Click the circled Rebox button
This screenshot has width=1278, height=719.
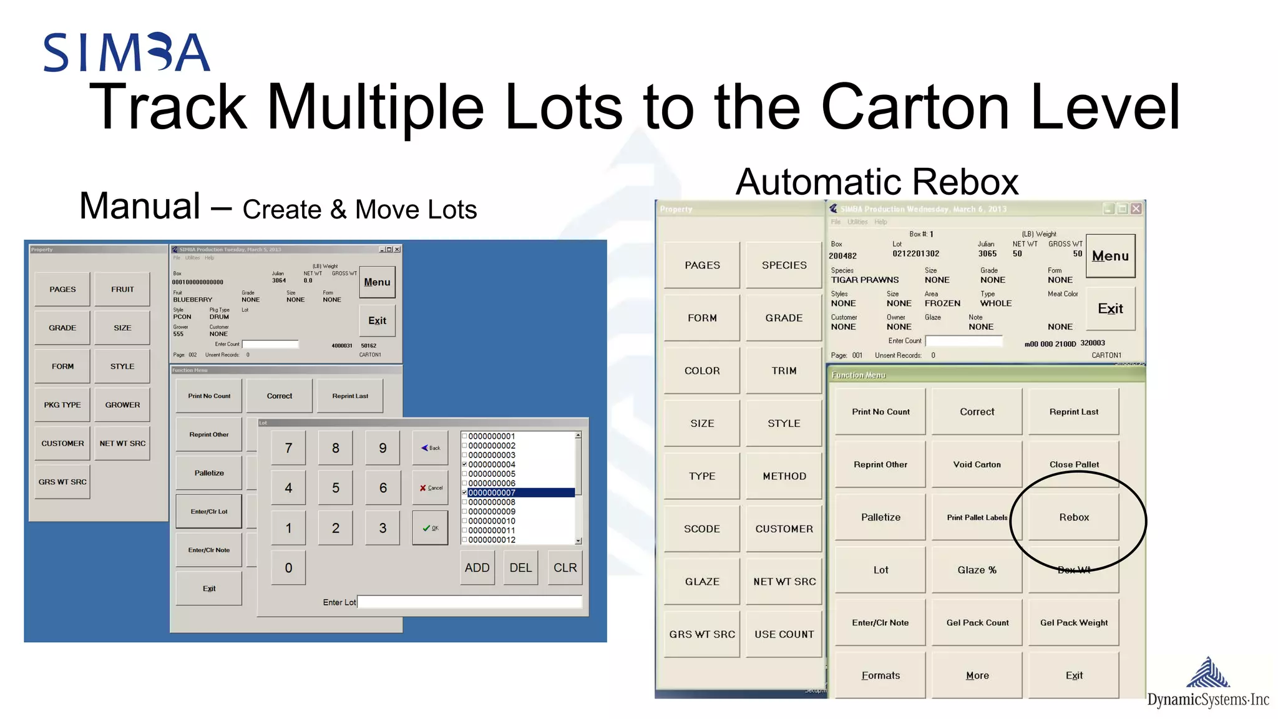coord(1073,517)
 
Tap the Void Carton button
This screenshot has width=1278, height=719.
coord(977,464)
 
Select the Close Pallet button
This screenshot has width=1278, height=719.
coord(1073,464)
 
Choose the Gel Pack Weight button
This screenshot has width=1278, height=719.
coord(1073,622)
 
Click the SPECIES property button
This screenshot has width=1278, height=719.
coord(784,265)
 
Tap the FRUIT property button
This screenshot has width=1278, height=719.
coord(122,290)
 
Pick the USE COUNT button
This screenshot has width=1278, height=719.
coord(784,634)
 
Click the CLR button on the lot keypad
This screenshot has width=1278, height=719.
coord(565,568)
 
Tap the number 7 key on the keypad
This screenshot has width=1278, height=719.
coord(288,448)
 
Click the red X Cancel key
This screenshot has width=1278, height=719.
coord(431,488)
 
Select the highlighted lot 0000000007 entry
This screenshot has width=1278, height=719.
coord(520,493)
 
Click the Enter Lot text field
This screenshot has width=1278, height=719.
coord(469,602)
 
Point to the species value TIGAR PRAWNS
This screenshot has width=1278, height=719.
coord(865,280)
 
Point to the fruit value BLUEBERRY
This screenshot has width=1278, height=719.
coord(193,300)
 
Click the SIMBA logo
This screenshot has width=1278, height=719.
coord(127,52)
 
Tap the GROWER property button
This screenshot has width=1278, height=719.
coord(122,405)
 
